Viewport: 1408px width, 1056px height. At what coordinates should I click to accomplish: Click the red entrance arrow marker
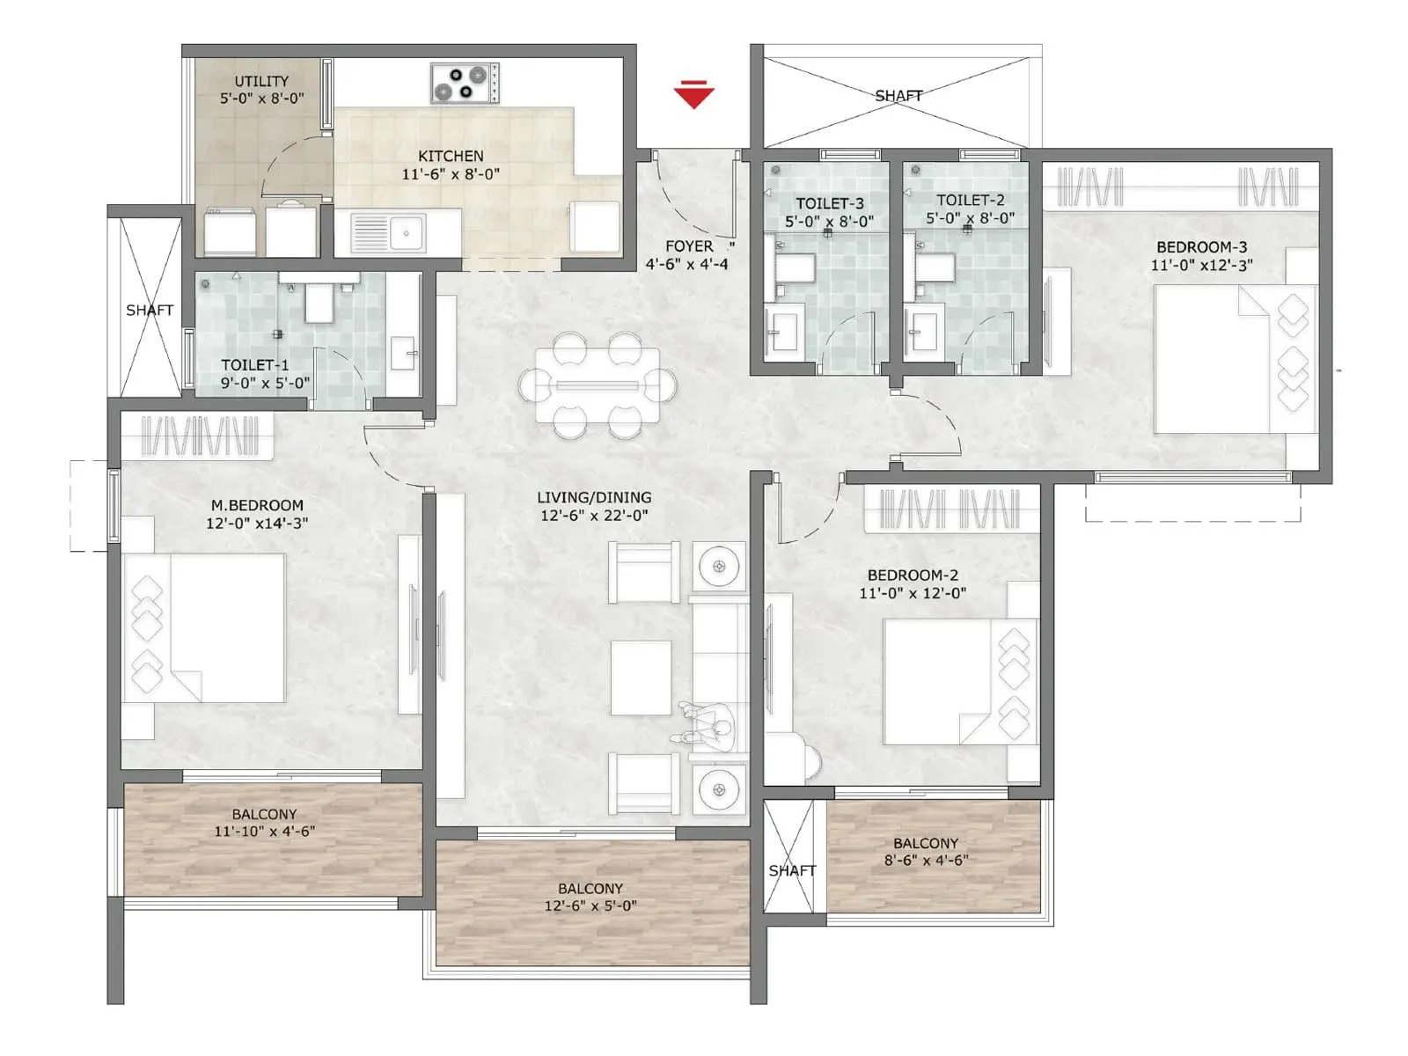[693, 94]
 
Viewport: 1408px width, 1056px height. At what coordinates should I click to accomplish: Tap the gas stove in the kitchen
[465, 83]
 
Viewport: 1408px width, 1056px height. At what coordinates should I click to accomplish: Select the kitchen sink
[388, 233]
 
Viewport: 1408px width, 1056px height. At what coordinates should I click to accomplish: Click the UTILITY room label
[261, 81]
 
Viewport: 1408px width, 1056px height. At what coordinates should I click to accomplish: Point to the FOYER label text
[689, 246]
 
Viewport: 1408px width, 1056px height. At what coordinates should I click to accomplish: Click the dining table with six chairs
[598, 385]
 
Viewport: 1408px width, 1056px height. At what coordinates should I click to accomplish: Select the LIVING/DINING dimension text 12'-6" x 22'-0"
[594, 516]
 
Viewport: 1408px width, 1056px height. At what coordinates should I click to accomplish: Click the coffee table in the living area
[641, 678]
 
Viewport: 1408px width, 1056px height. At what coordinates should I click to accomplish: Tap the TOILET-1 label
[254, 364]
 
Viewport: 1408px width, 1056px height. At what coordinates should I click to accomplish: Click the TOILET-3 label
[829, 203]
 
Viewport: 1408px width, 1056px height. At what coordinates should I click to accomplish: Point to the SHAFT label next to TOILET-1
[150, 310]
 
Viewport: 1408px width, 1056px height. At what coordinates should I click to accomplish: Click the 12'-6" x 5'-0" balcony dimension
[590, 906]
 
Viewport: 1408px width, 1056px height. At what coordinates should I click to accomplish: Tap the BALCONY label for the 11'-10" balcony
[264, 814]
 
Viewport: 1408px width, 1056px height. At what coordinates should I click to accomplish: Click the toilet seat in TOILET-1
[319, 302]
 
